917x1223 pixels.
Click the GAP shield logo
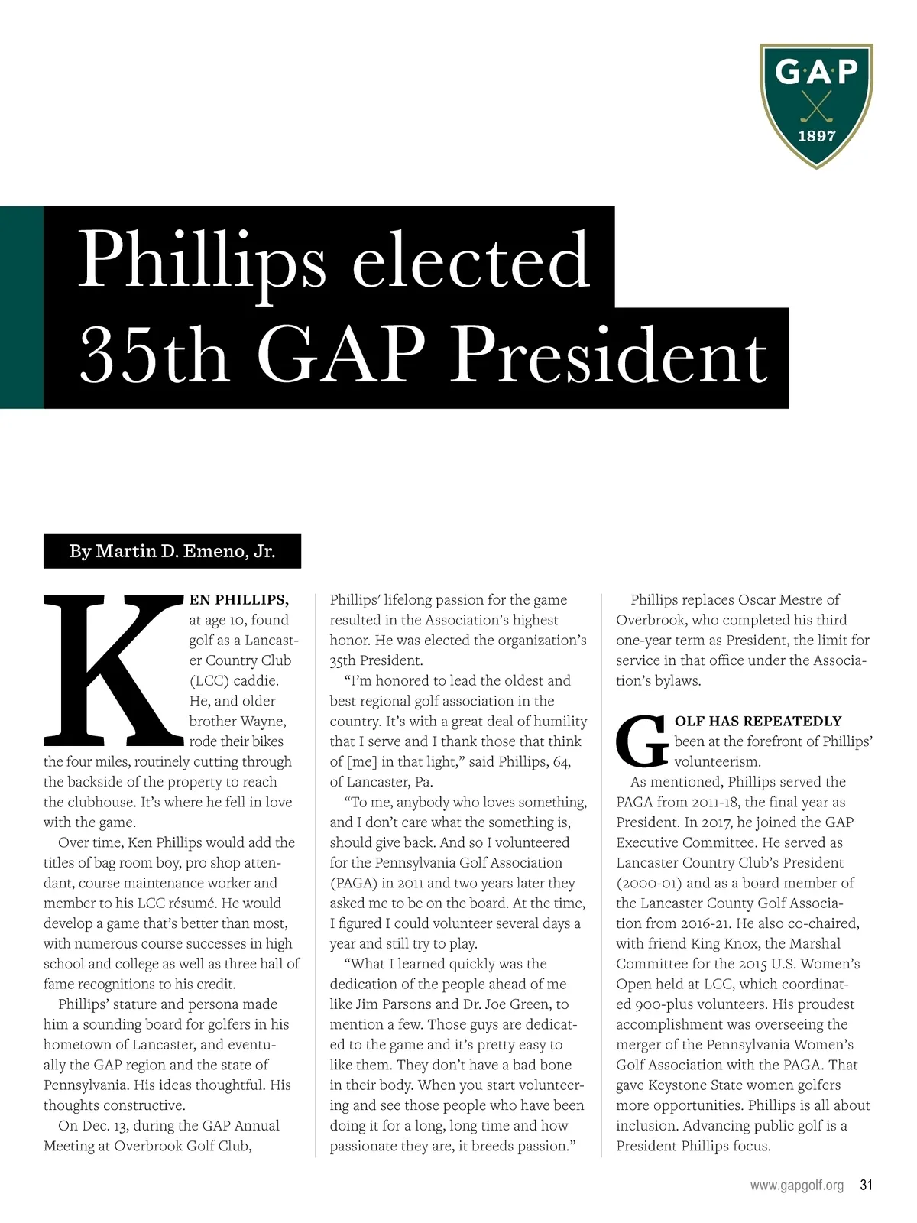816,105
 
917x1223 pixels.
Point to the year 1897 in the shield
817,137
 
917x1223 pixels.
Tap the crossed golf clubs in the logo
817,106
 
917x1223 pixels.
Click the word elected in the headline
471,261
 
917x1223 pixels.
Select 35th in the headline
154,356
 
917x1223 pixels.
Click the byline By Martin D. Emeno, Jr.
172,551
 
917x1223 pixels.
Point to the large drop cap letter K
111,670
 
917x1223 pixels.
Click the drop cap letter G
642,741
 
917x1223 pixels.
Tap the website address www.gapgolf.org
796,1186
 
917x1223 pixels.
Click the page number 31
866,1186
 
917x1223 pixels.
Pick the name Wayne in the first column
263,722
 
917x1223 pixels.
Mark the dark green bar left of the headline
21,307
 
